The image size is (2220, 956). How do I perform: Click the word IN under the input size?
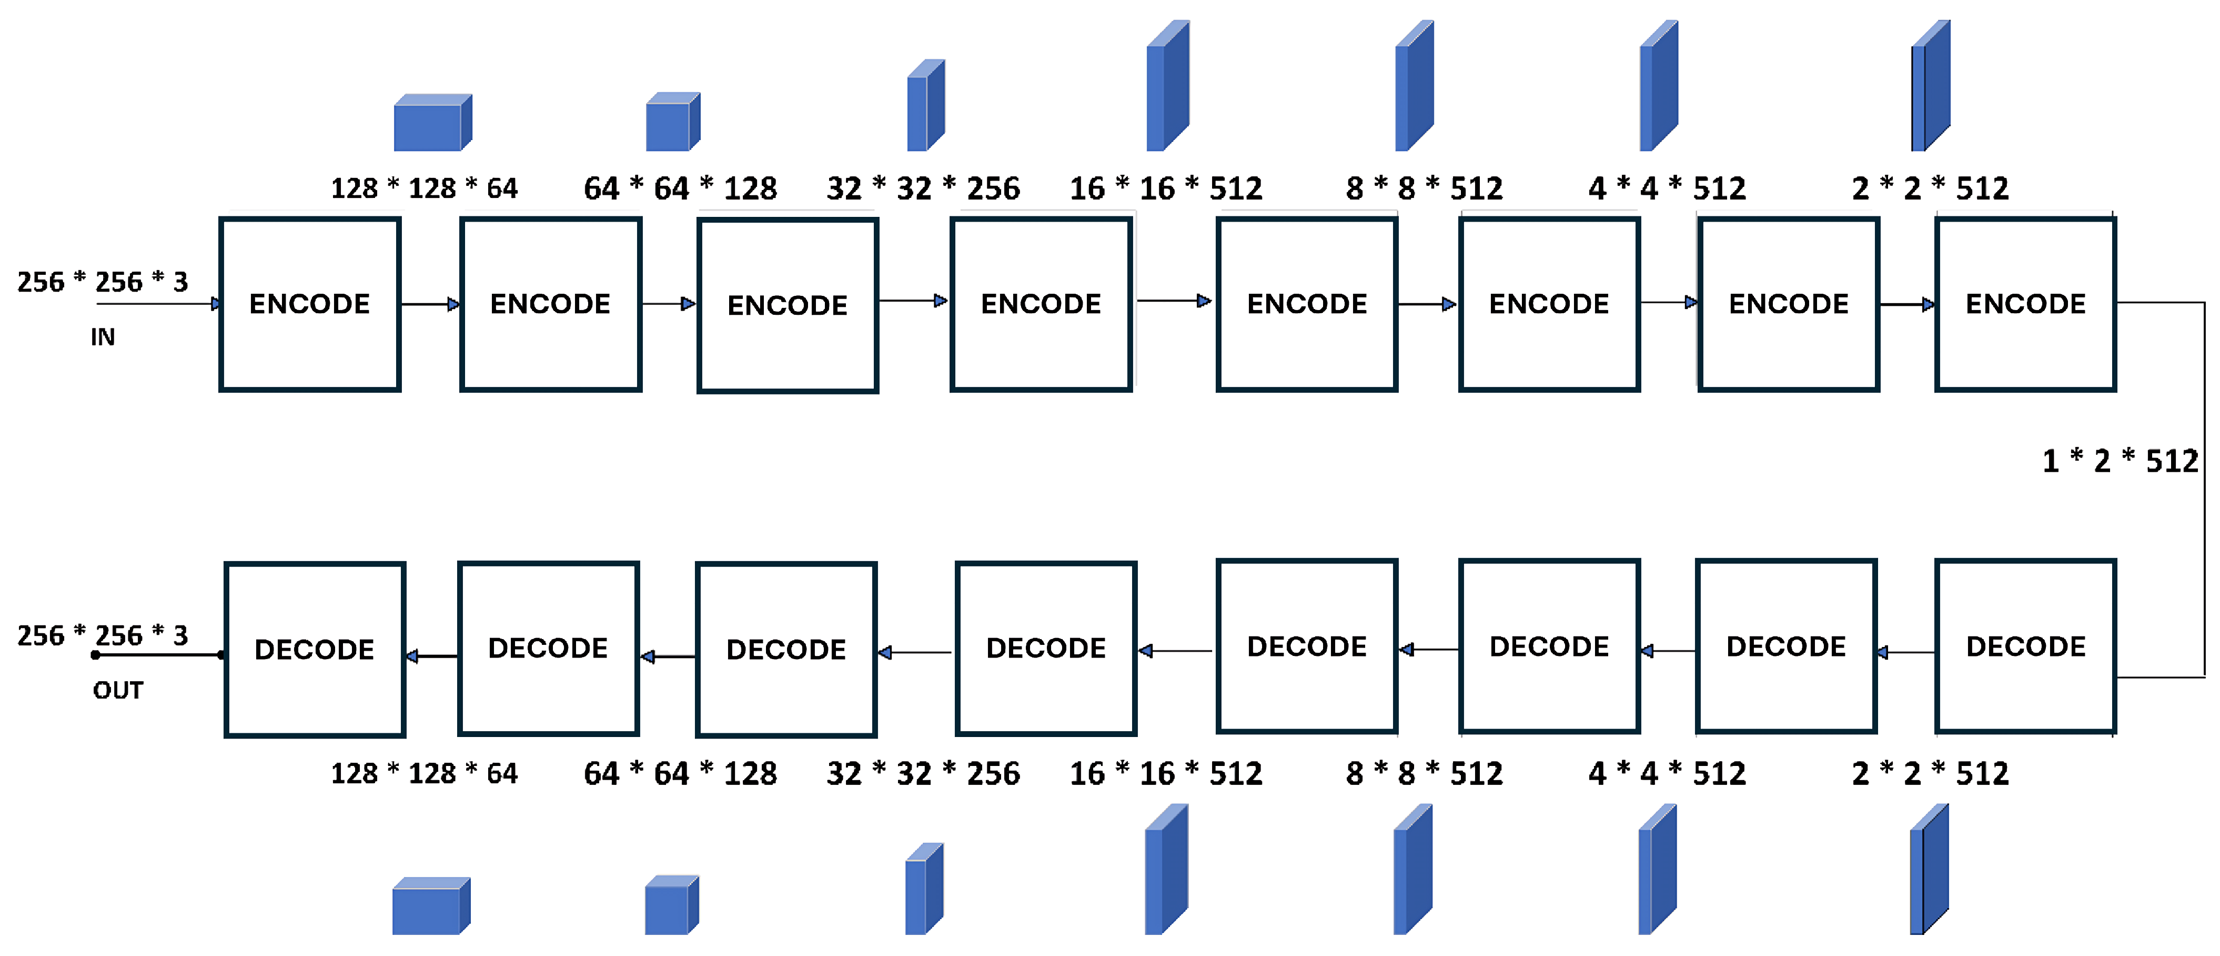[x=103, y=337]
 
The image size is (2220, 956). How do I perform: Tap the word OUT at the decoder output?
[x=118, y=691]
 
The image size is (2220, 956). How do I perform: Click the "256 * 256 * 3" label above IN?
[x=103, y=282]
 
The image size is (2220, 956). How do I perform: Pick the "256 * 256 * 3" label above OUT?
[x=103, y=635]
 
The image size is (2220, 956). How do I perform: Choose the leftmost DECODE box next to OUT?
[x=315, y=649]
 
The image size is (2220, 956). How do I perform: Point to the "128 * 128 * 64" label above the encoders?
[x=424, y=188]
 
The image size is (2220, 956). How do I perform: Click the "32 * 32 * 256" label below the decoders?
[x=923, y=773]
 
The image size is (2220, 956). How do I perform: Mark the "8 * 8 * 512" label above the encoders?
[x=1424, y=188]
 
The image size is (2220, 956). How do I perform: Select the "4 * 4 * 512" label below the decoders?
[x=1667, y=773]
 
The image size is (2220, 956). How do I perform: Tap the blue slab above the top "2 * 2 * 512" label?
[x=1931, y=86]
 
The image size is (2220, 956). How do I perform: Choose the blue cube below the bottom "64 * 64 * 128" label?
[x=671, y=905]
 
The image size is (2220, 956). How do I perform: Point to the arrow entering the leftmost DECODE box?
[x=431, y=656]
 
